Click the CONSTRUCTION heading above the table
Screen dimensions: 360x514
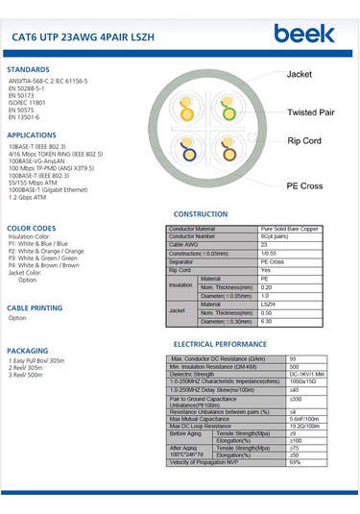[200, 213]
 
